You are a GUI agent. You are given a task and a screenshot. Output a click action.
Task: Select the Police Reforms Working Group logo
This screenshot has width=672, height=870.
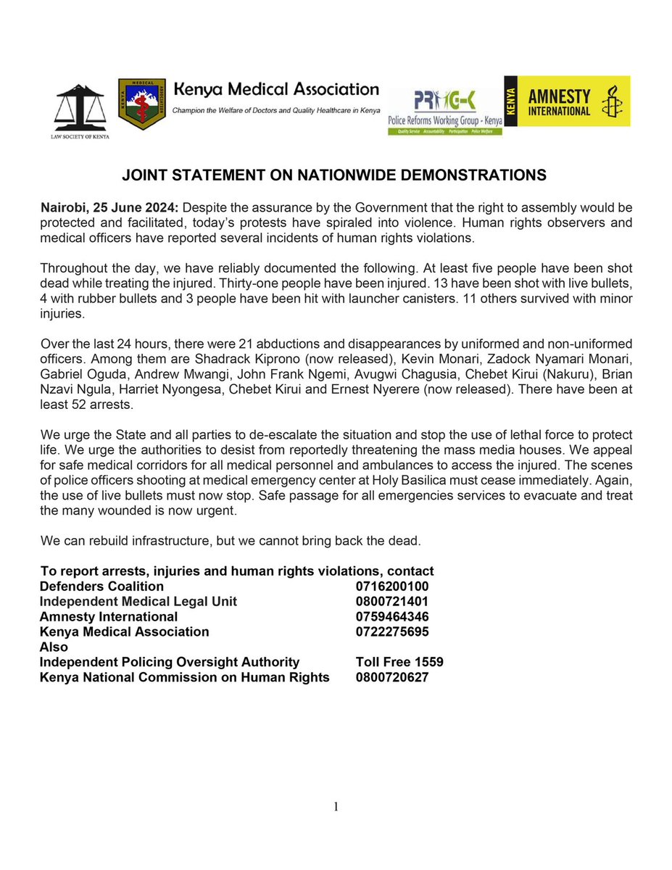(445, 104)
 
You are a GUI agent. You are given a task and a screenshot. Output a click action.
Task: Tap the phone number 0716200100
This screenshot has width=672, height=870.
(392, 586)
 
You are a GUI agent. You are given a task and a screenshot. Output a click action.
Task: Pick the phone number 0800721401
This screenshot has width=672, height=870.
(392, 601)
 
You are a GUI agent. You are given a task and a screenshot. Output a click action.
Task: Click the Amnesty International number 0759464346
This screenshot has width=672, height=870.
(392, 616)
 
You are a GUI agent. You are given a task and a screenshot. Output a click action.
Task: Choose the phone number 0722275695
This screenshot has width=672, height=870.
(392, 631)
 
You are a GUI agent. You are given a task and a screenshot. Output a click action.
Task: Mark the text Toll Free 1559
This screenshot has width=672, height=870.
(399, 662)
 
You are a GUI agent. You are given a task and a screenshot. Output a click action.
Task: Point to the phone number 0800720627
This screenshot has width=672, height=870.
(392, 677)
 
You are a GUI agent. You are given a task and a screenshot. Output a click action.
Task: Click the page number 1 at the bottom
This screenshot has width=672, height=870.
(336, 806)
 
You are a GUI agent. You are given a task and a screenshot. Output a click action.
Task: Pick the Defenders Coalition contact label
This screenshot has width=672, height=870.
(101, 586)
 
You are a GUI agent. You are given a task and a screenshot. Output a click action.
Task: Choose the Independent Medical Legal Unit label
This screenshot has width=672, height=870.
(138, 601)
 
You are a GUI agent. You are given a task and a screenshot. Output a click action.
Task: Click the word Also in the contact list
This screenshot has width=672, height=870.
(54, 647)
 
